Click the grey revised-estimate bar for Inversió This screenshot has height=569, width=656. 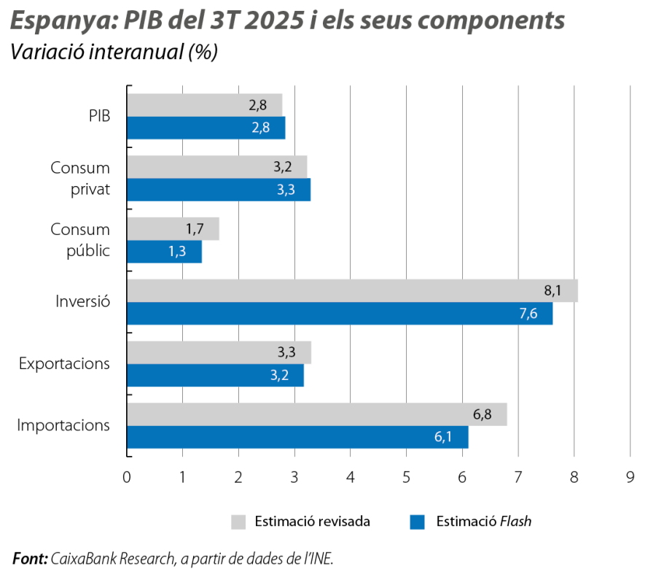(x=353, y=291)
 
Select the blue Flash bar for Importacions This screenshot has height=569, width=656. (x=298, y=438)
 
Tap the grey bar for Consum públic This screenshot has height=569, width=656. (x=173, y=229)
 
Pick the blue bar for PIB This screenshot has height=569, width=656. (x=206, y=128)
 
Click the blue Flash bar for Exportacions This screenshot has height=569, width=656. (x=216, y=376)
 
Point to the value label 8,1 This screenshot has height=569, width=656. (x=552, y=291)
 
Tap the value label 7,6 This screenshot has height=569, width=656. (x=528, y=314)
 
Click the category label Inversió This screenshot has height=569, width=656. (x=82, y=301)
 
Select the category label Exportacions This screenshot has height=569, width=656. (x=64, y=363)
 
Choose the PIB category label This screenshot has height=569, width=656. (x=99, y=116)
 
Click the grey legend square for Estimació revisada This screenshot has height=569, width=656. (x=238, y=522)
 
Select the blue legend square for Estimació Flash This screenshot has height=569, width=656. (x=417, y=522)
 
